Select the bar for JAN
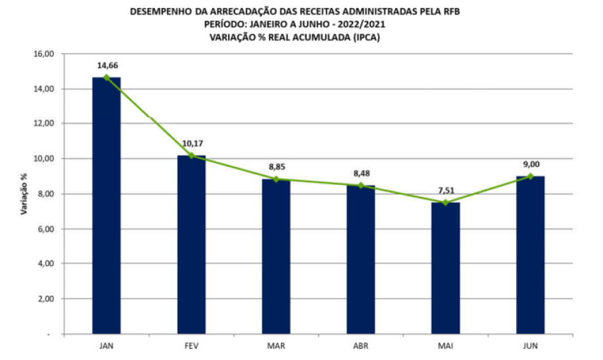coord(106,206)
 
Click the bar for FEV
coord(191,245)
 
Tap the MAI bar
coord(445,268)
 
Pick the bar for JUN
coord(530,255)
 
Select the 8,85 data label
coord(276,166)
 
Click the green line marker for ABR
coord(360,186)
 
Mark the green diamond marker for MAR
coord(276,179)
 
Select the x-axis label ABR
coord(360,346)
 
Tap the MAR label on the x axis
coord(276,346)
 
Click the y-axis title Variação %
coord(24,194)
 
